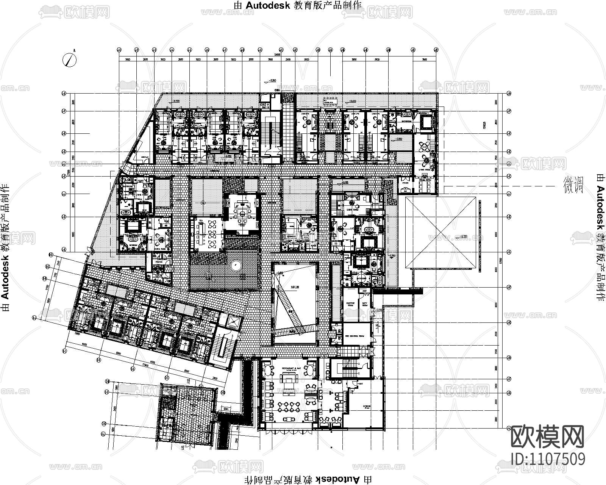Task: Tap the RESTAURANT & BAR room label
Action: pyautogui.click(x=292, y=368)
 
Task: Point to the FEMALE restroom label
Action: pyautogui.click(x=158, y=261)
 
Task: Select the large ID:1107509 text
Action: pyautogui.click(x=548, y=459)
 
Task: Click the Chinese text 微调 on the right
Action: pyautogui.click(x=573, y=185)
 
